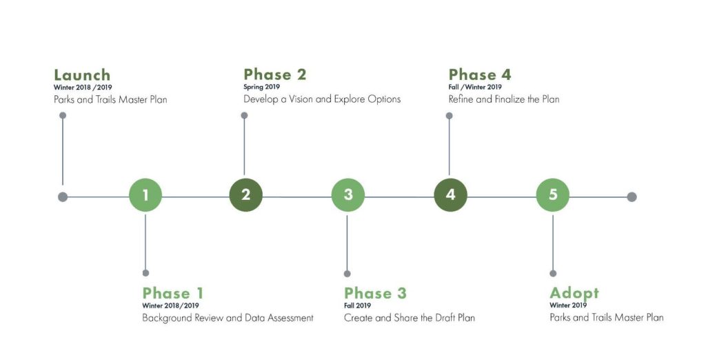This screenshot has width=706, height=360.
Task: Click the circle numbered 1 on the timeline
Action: [145, 195]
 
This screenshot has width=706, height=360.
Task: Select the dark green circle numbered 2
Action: [246, 195]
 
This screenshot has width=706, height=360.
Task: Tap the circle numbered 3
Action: [348, 195]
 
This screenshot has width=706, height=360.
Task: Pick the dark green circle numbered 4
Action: [451, 195]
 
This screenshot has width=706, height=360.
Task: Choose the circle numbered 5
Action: [553, 195]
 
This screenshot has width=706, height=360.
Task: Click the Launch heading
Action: [82, 74]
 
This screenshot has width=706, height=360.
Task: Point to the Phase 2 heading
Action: [274, 74]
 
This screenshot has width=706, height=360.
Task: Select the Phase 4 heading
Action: [480, 74]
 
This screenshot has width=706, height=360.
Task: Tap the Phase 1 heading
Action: [173, 293]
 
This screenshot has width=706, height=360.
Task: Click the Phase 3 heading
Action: [375, 293]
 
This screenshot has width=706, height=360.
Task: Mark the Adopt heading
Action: [574, 293]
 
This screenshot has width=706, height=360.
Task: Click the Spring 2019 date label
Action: [261, 87]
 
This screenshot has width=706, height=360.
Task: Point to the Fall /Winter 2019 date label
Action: [475, 87]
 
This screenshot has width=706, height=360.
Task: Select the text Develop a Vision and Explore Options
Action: [322, 99]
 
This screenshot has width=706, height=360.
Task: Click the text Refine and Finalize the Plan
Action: [504, 99]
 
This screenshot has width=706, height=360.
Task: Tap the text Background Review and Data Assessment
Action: [228, 318]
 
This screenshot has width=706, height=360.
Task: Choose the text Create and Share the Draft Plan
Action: [410, 318]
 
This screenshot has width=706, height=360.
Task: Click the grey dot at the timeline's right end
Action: [632, 197]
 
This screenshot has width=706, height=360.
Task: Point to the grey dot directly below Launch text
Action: [63, 115]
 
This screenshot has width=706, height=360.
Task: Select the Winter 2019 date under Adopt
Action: [568, 306]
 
